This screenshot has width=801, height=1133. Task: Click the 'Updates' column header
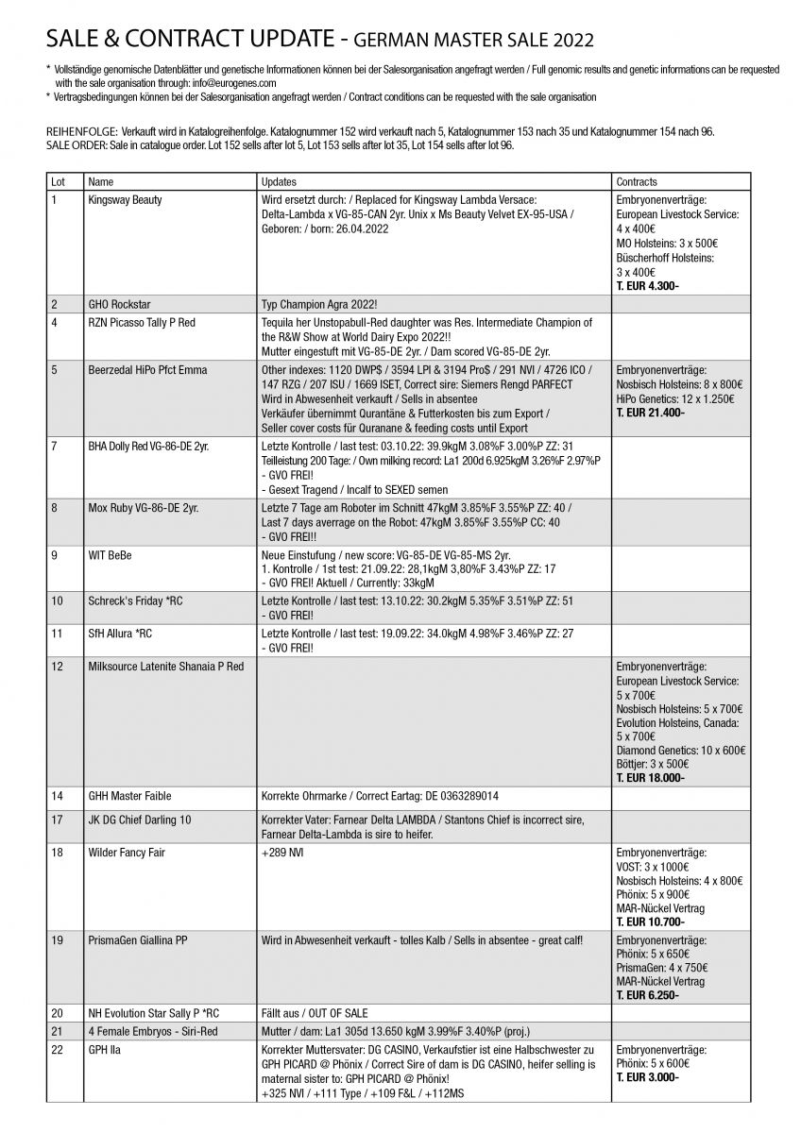coord(278,180)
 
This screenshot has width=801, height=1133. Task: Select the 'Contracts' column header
coord(636,180)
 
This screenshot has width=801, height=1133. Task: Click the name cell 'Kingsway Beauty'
coord(124,200)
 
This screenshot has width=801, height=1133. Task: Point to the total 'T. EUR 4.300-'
coord(648,286)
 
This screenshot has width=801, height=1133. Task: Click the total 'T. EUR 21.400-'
coord(651,414)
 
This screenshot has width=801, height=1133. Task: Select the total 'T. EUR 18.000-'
coord(651,778)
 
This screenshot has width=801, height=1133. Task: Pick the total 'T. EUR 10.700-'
coord(651,922)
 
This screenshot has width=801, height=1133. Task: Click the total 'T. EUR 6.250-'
coord(648,995)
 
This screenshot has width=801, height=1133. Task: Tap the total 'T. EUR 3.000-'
coord(648,1077)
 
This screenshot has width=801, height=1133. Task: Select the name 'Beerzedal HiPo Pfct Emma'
coord(146,369)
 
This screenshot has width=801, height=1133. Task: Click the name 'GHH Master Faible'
coord(128,796)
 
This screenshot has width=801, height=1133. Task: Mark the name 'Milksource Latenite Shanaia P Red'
coord(165,667)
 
